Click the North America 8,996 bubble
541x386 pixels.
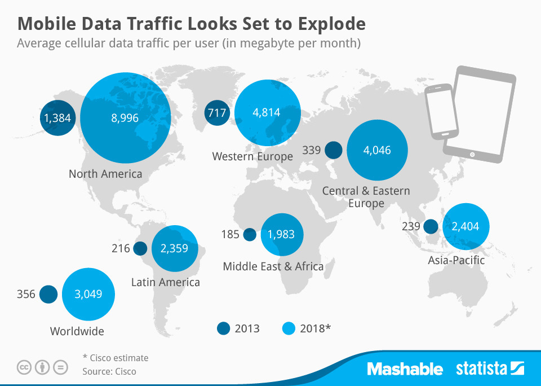125,117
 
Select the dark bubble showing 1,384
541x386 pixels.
56,117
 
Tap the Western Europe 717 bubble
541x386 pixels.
217,112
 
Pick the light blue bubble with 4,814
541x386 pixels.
267,112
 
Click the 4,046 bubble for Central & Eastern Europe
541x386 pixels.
377,150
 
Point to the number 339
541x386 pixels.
311,150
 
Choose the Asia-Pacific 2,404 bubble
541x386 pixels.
465,226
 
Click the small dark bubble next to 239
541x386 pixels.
431,226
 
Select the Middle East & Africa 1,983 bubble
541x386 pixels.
282,234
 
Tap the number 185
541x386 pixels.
230,234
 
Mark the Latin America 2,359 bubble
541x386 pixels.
175,248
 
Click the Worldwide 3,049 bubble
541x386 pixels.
89,294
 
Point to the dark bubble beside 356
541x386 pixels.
49,294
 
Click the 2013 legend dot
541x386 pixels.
224,328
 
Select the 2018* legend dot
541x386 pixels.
288,328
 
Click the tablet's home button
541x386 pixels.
472,153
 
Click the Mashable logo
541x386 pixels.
405,369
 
